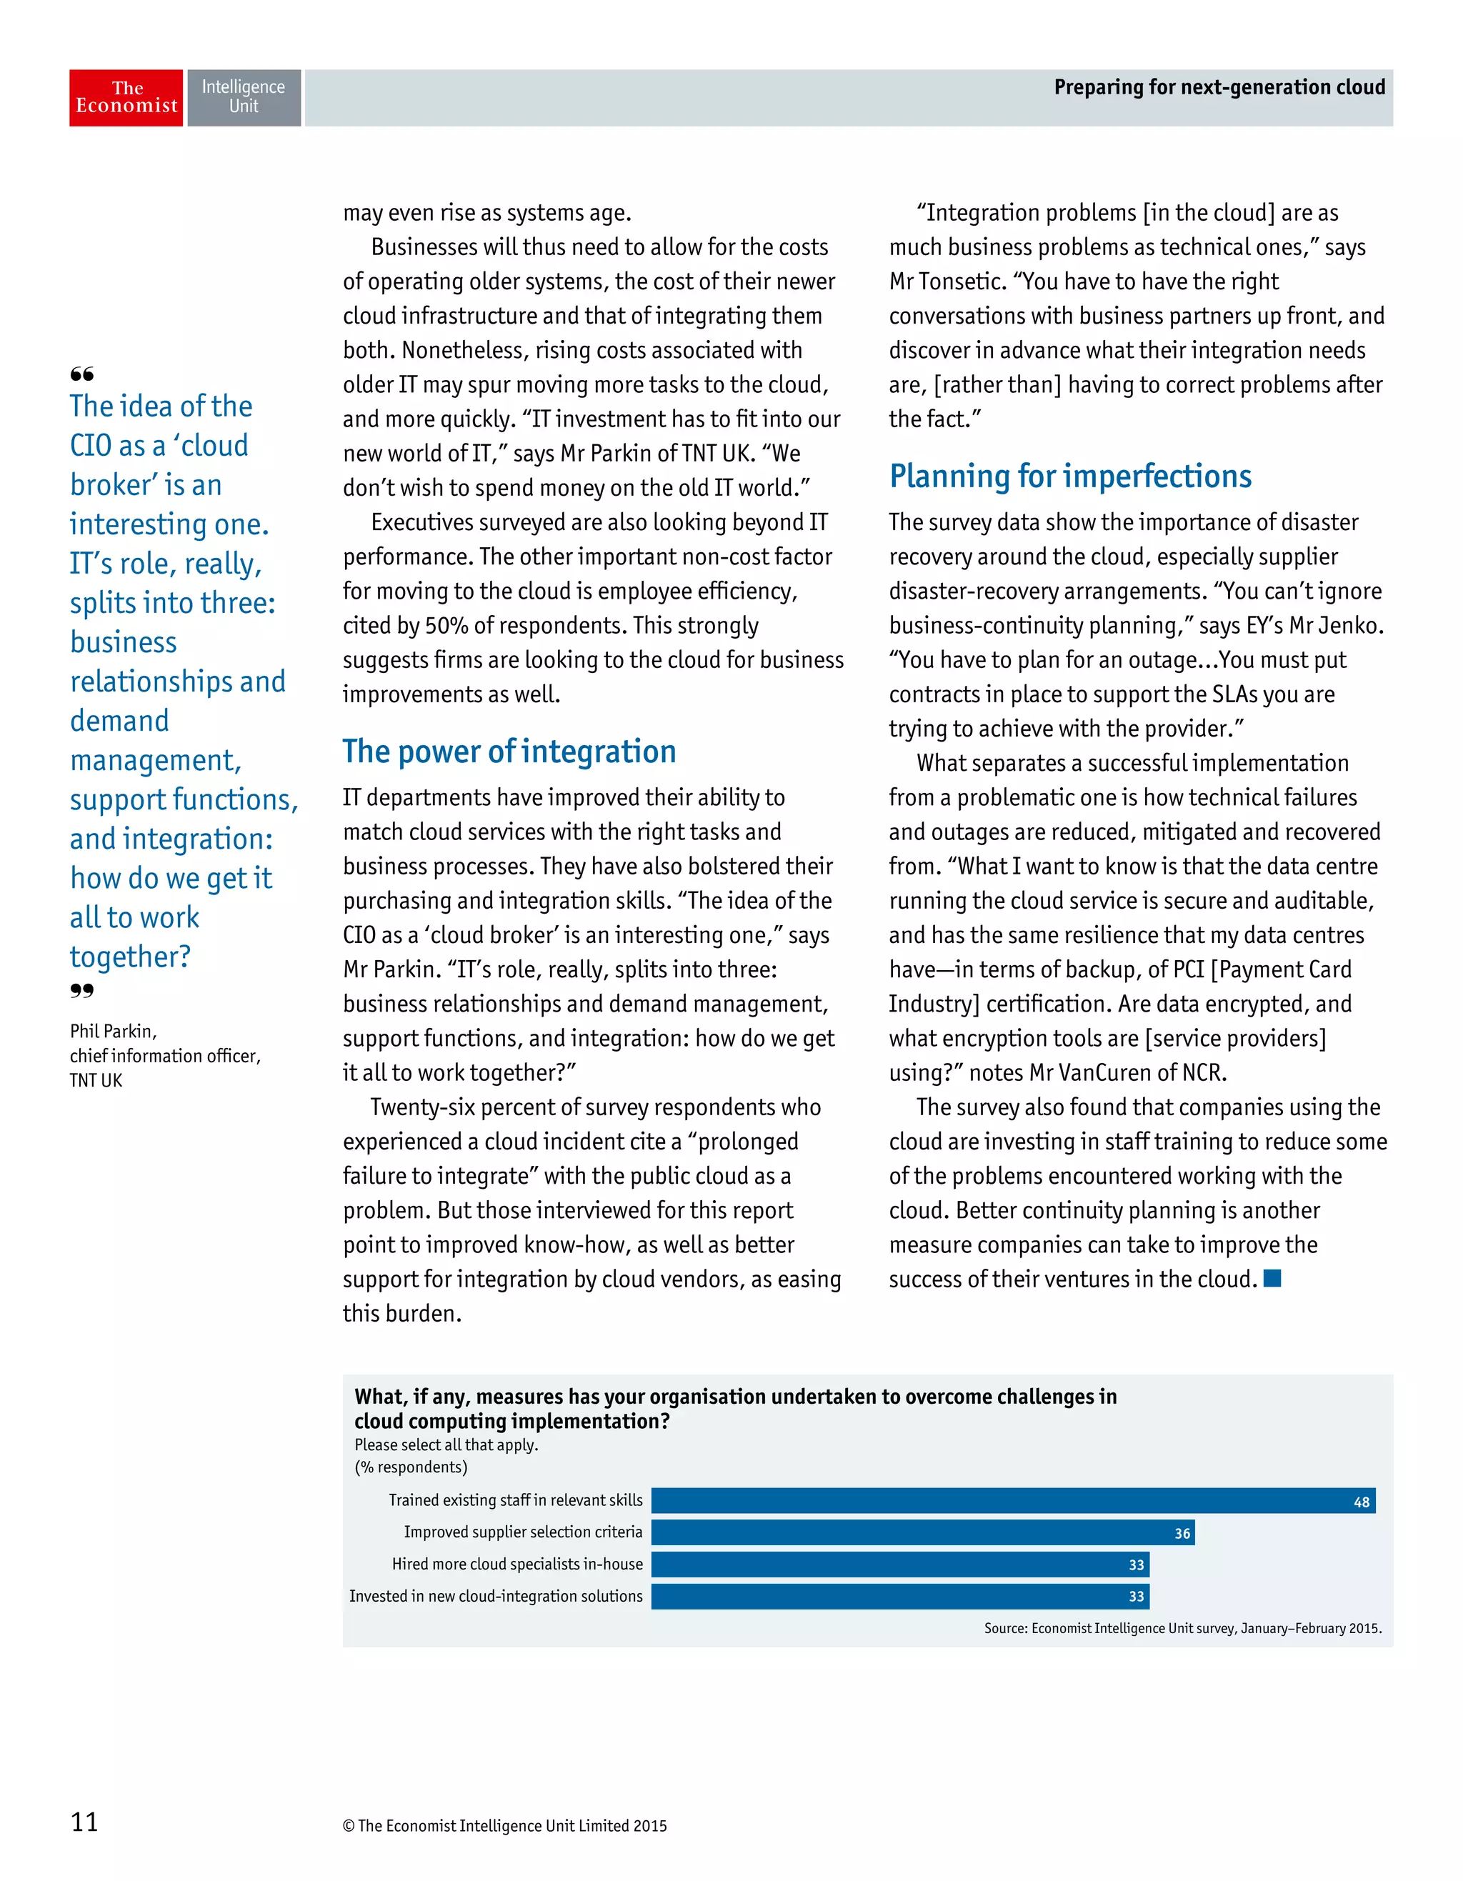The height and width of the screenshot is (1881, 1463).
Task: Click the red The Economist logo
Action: [126, 97]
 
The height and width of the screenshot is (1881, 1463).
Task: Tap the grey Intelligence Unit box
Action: [244, 97]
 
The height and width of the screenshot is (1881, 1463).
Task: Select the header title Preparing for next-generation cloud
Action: [1219, 87]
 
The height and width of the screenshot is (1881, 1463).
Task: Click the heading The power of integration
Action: [509, 752]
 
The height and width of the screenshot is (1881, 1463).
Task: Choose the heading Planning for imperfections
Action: [1069, 477]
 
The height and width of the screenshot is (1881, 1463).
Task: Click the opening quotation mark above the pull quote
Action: [82, 374]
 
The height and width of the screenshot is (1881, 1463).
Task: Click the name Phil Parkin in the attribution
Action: [113, 1031]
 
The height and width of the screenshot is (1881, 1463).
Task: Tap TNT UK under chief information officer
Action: [96, 1080]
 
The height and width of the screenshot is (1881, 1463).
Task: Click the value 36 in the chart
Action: [1182, 1533]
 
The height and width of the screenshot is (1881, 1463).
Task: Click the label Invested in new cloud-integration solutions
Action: [495, 1596]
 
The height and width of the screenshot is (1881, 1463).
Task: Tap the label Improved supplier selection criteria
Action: [523, 1532]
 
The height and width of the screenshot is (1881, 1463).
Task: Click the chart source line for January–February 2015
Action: [1182, 1628]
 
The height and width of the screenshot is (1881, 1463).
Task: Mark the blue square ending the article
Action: [1272, 1278]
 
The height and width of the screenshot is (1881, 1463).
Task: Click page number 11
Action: [84, 1822]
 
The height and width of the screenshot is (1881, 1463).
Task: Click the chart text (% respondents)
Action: [411, 1467]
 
